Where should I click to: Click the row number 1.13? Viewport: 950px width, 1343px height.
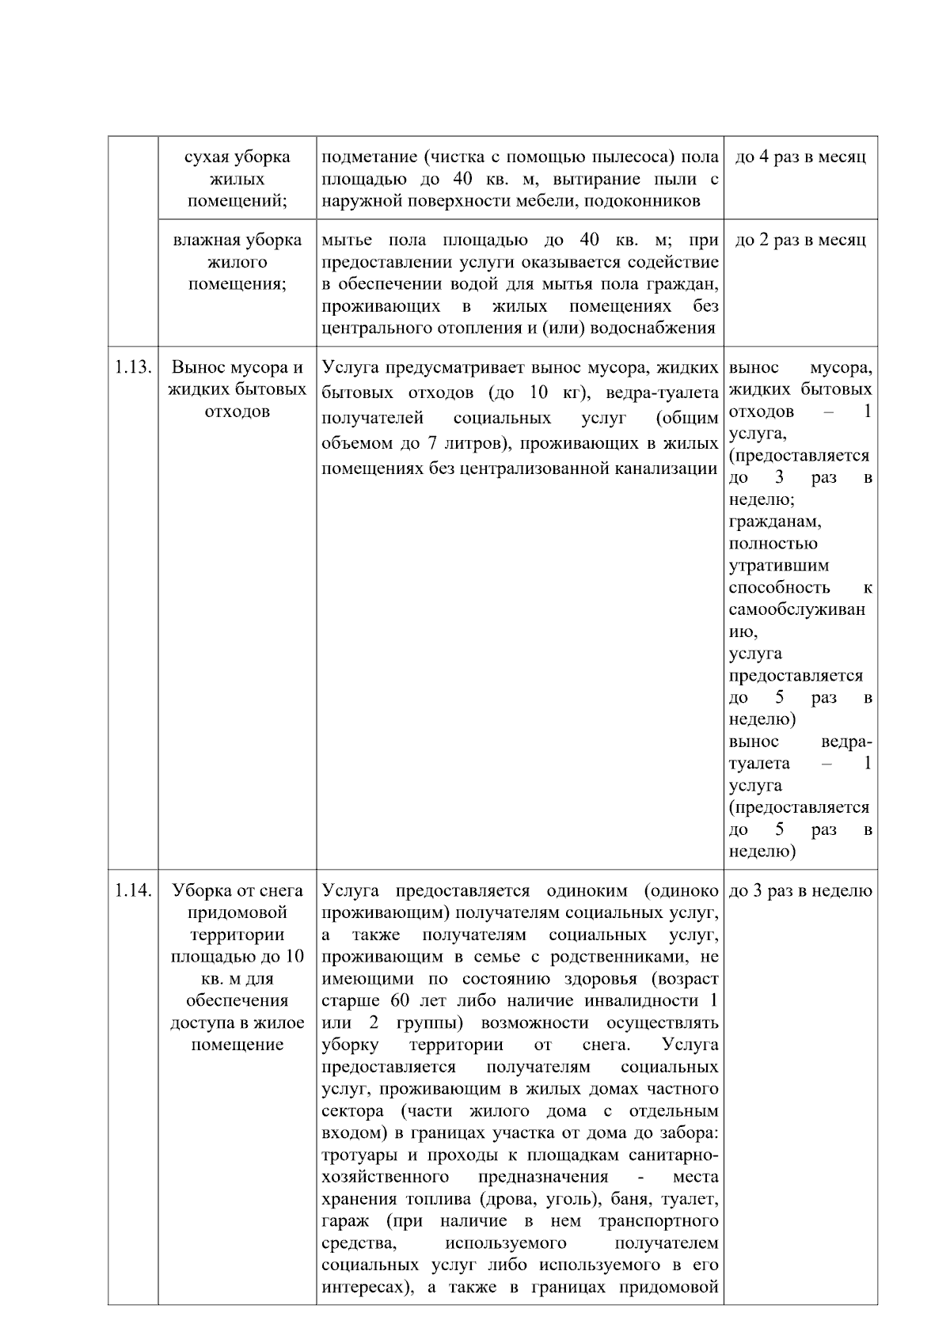click(x=132, y=368)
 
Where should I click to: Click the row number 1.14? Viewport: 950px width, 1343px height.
click(x=132, y=890)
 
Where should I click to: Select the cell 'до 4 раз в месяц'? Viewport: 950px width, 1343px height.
click(x=800, y=157)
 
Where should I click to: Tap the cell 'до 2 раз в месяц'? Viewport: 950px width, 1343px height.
click(x=800, y=240)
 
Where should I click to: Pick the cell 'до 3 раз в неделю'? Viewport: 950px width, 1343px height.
click(x=800, y=891)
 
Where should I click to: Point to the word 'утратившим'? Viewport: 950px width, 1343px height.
click(x=779, y=566)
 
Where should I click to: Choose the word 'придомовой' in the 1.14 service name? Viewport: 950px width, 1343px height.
click(x=237, y=912)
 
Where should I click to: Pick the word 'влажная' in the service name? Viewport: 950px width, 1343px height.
click(x=203, y=240)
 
